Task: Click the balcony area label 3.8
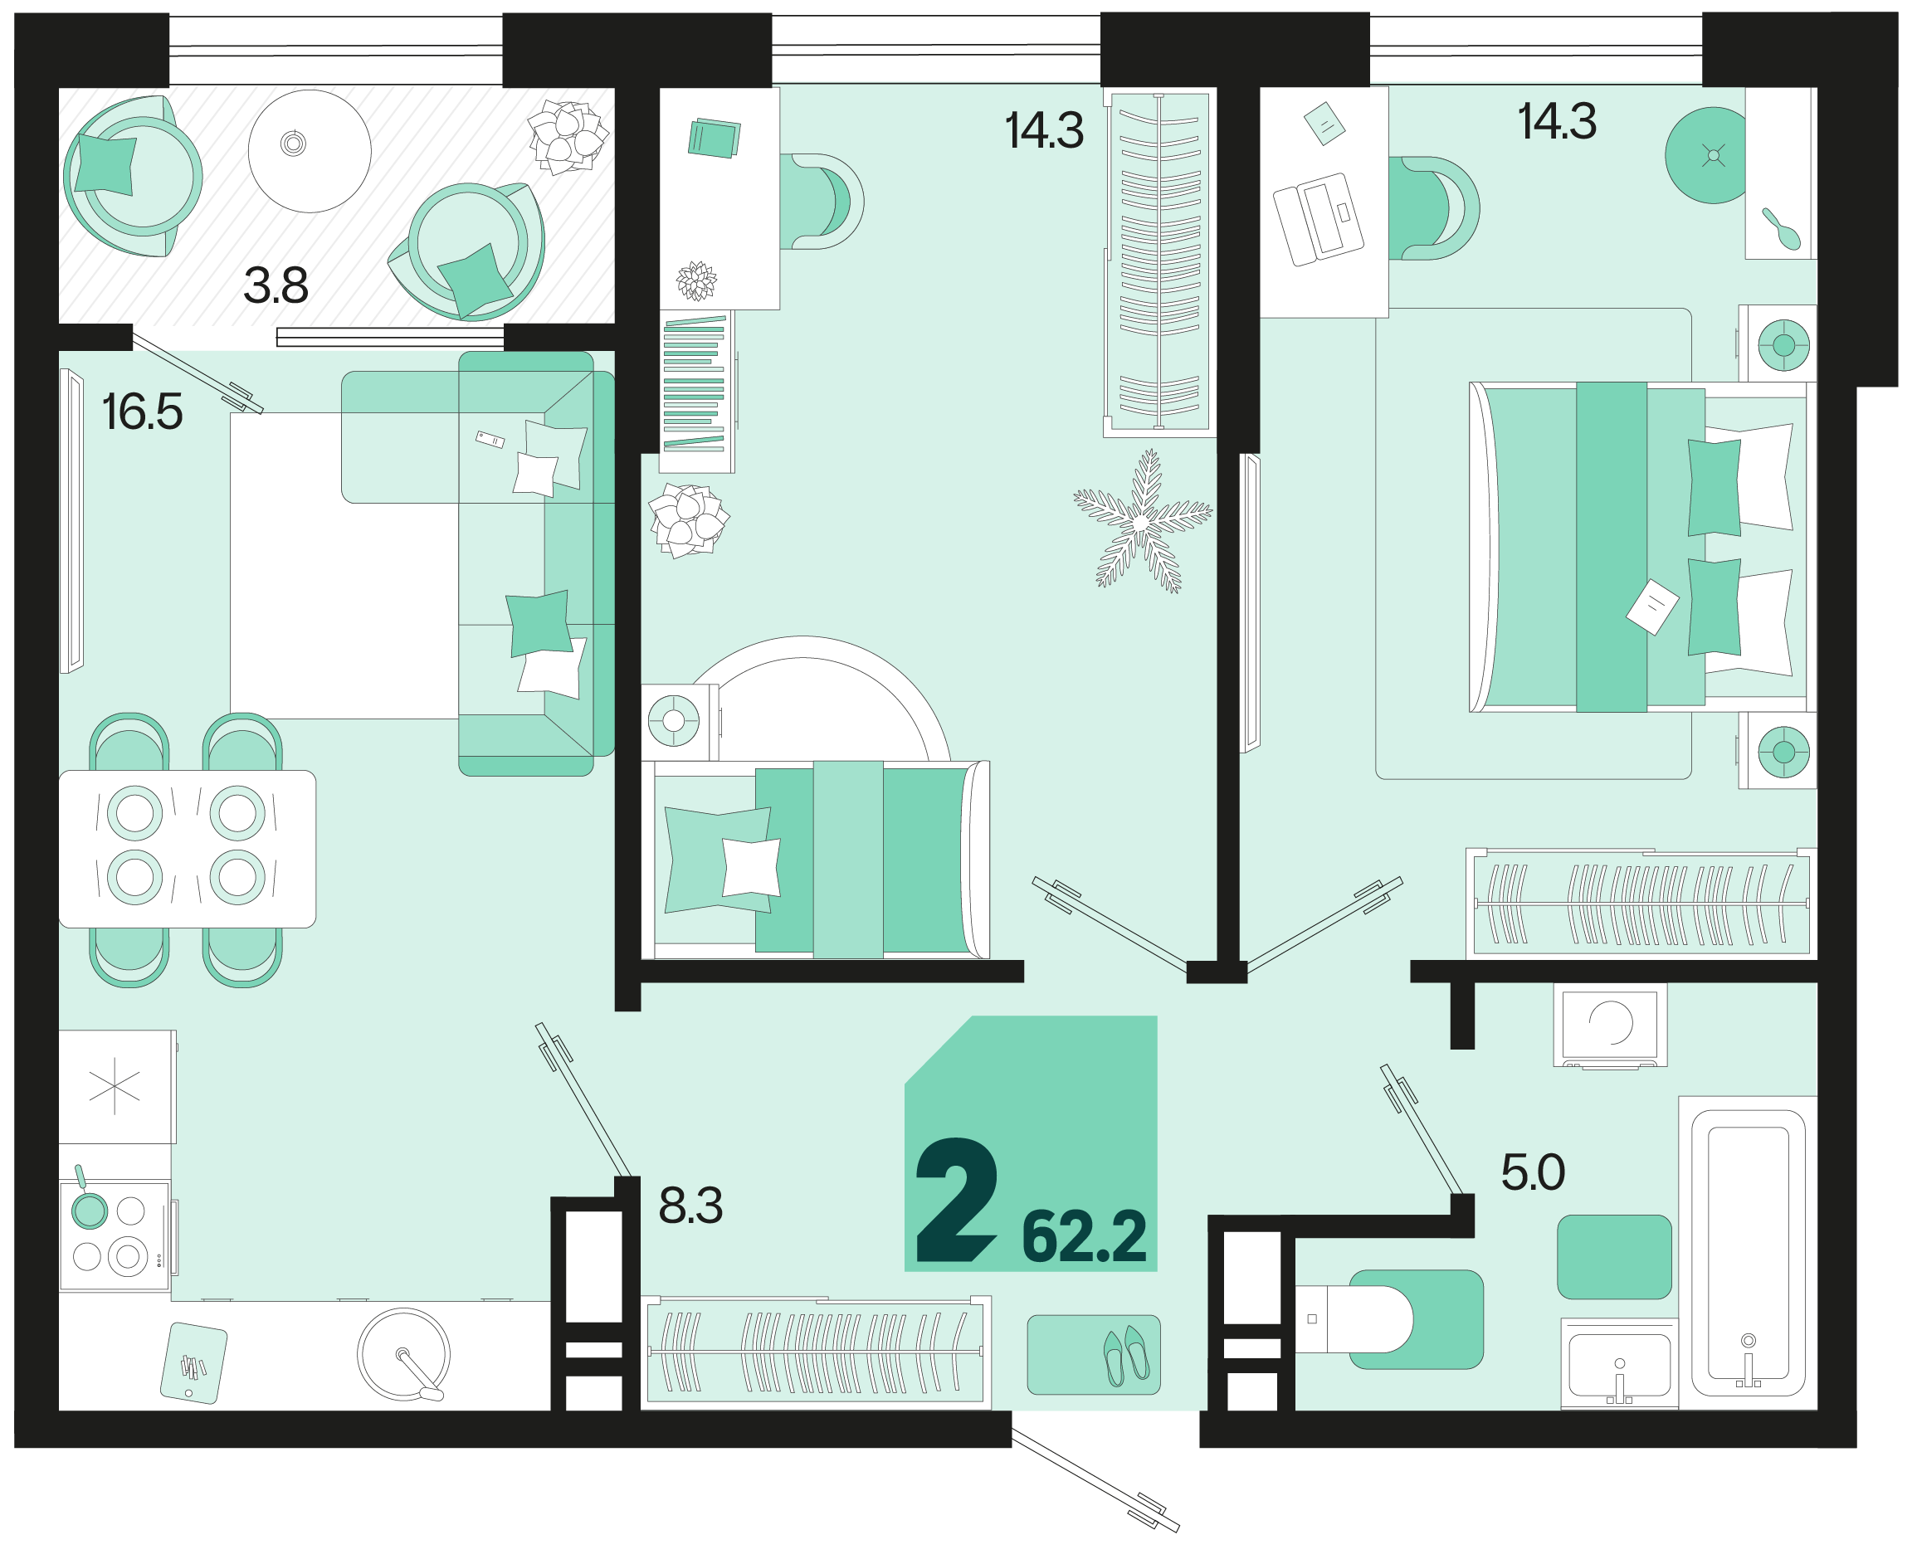(x=276, y=285)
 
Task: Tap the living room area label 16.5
(x=143, y=412)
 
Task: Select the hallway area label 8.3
(x=691, y=1206)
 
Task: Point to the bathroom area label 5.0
(x=1534, y=1172)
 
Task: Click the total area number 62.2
(x=1085, y=1237)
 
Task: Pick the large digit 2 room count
(x=957, y=1200)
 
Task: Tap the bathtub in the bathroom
(x=1748, y=1253)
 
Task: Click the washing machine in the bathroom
(x=1610, y=1025)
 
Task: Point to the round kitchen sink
(x=403, y=1354)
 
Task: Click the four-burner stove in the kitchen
(x=115, y=1235)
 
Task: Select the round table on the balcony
(x=310, y=151)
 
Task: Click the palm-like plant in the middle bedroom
(x=1142, y=522)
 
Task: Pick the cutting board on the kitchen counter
(x=193, y=1363)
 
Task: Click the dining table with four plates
(x=188, y=849)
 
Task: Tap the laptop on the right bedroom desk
(x=1318, y=219)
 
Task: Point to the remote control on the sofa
(x=490, y=440)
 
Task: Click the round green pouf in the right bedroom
(x=1705, y=156)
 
